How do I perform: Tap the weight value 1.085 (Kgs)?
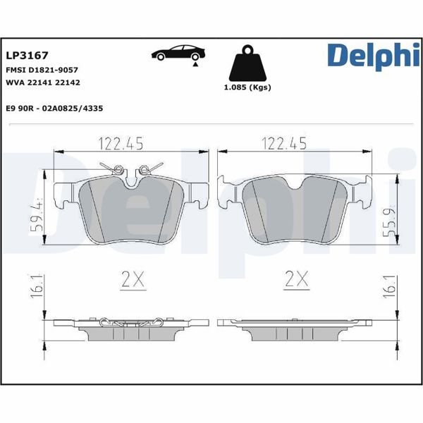pos(247,87)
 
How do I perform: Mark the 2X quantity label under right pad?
pos(297,281)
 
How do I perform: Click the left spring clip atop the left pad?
pos(118,169)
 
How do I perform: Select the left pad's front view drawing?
pos(131,211)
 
